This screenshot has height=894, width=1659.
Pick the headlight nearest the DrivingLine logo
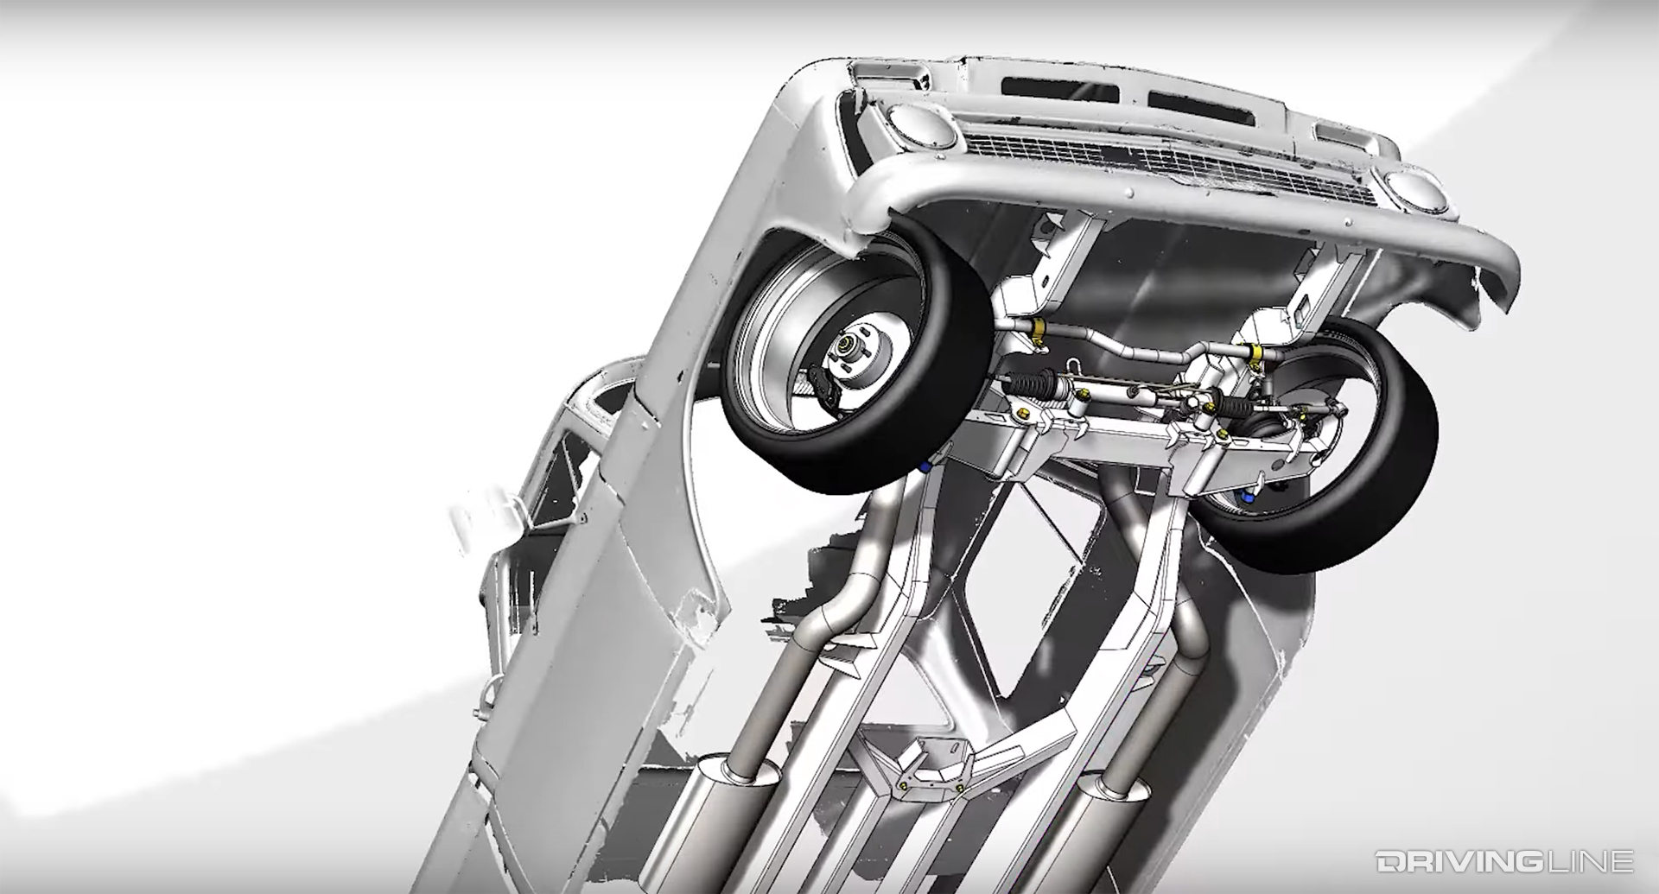(1408, 191)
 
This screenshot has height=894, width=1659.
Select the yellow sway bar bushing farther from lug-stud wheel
(1255, 352)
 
